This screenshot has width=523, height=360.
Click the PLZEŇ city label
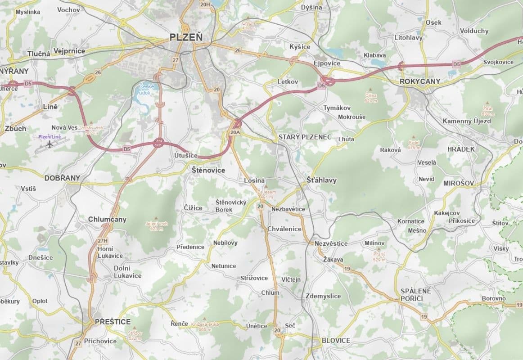point(186,37)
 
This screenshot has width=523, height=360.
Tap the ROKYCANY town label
point(420,81)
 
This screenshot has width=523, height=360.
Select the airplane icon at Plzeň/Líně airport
point(49,145)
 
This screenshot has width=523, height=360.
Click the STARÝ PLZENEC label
point(305,137)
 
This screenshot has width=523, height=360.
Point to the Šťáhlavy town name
point(321,180)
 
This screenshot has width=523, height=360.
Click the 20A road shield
point(235,133)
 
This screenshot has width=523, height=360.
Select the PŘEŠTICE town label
point(113,322)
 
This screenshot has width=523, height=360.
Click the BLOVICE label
point(336,341)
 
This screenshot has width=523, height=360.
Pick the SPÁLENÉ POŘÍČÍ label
point(415,295)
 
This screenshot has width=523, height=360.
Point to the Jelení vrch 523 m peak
point(156,225)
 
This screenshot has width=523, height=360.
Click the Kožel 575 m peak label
point(414,144)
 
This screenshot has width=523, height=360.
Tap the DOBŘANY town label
point(62,178)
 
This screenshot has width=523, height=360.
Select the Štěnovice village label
point(208,171)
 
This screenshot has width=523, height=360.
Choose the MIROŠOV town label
point(459,183)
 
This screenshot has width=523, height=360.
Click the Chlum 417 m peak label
point(248,25)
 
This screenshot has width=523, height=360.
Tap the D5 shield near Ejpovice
point(321,85)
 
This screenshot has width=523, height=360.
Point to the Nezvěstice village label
point(331,243)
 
